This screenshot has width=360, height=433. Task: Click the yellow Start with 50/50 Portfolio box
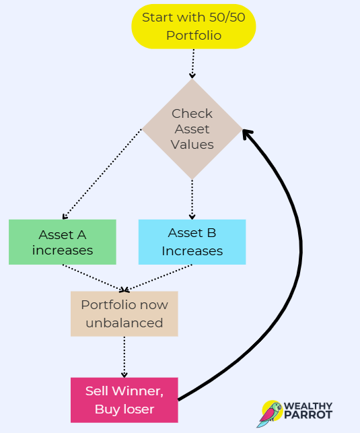pos(194,26)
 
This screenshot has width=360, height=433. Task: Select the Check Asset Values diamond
pos(192,129)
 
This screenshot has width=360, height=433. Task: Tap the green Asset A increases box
pos(63,242)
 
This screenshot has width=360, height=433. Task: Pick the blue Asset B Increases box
pos(192,242)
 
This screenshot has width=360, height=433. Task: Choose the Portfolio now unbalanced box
pos(124,314)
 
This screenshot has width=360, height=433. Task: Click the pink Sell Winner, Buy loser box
pos(124,400)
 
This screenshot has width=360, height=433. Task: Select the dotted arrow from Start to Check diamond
pos(193,64)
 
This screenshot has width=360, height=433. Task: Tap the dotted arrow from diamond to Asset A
pos(102,174)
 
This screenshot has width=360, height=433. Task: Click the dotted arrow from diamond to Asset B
pos(192,199)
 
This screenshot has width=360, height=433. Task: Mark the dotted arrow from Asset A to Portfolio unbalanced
pos(94,277)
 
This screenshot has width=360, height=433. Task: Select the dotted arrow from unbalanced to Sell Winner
pos(124,357)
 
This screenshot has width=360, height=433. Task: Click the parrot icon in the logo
pos(270,413)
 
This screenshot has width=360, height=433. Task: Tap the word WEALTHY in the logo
pos(308,406)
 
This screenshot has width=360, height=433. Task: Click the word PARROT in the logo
pos(308,415)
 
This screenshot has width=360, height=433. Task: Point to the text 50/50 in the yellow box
pos(227,18)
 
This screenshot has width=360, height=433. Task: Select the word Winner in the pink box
pos(138,391)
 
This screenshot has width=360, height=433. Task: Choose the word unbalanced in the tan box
pos(124,323)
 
